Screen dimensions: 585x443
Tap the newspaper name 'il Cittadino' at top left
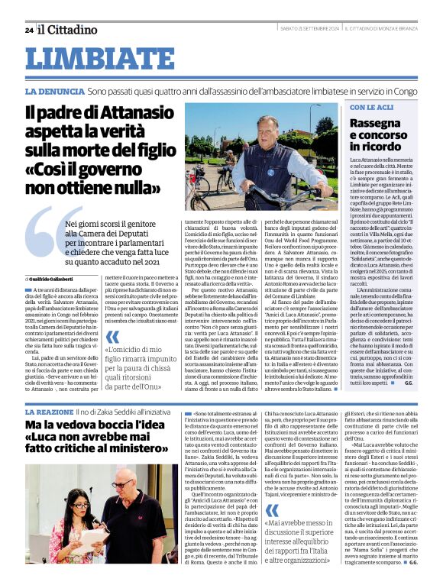pos(68,30)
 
